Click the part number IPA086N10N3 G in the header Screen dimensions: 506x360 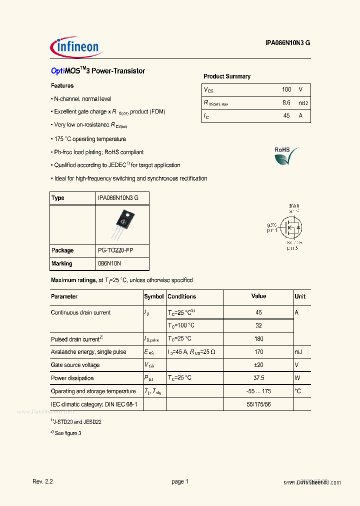pos(287,43)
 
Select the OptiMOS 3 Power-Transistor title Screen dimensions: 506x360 pos(98,71)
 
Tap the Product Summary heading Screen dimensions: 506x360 pos(226,76)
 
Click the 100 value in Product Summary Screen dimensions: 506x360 pos(286,89)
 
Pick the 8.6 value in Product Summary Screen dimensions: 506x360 pos(286,102)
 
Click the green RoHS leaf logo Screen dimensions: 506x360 pos(286,156)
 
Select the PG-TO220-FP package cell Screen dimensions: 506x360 pos(115,250)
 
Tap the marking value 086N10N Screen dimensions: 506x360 pos(109,263)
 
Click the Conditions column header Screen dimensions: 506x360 pos(182,296)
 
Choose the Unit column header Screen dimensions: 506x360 pos(300,296)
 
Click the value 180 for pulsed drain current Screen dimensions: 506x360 pos(258,339)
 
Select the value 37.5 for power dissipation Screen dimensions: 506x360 pos(258,378)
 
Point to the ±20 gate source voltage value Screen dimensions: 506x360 pos(258,365)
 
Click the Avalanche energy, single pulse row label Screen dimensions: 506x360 pos(88,352)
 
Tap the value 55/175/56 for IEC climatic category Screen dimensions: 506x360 pos(258,404)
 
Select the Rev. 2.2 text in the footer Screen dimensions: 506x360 pos(42,481)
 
